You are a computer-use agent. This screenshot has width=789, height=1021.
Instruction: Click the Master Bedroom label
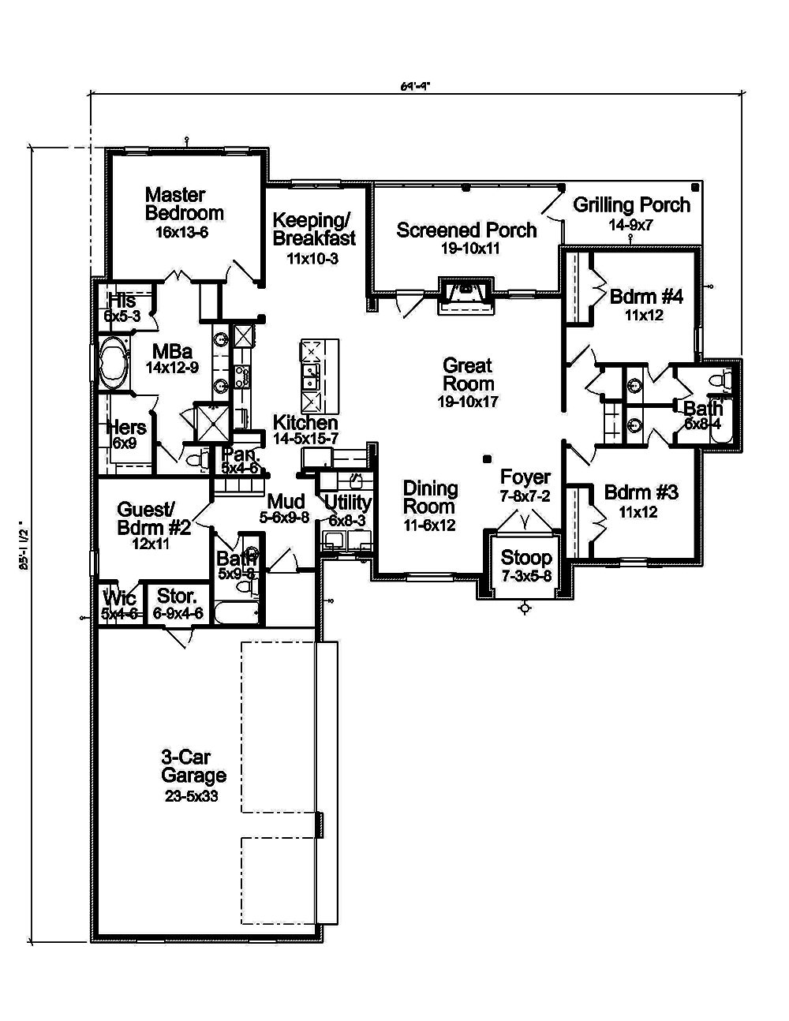(184, 204)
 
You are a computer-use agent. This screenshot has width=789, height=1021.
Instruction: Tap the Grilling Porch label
(631, 205)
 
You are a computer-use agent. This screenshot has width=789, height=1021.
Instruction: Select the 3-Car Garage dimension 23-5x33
(192, 796)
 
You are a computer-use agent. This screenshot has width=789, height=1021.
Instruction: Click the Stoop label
(526, 559)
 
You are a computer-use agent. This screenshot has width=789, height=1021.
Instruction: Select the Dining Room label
(430, 498)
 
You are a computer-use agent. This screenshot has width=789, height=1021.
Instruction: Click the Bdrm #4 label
(645, 297)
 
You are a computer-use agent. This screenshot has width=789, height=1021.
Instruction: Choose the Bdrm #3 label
(641, 493)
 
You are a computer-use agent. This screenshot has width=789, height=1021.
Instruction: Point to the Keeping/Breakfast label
(314, 228)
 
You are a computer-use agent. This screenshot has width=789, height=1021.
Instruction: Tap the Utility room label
(348, 503)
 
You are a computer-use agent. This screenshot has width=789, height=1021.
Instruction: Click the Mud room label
(286, 502)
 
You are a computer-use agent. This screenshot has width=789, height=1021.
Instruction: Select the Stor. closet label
(177, 596)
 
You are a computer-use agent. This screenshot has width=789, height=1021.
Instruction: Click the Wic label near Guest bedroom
(119, 599)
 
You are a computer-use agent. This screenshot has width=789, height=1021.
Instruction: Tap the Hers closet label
(126, 428)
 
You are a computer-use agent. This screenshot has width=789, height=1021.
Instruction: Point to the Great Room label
(468, 374)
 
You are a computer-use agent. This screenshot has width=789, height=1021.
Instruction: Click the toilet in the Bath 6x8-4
(719, 383)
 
